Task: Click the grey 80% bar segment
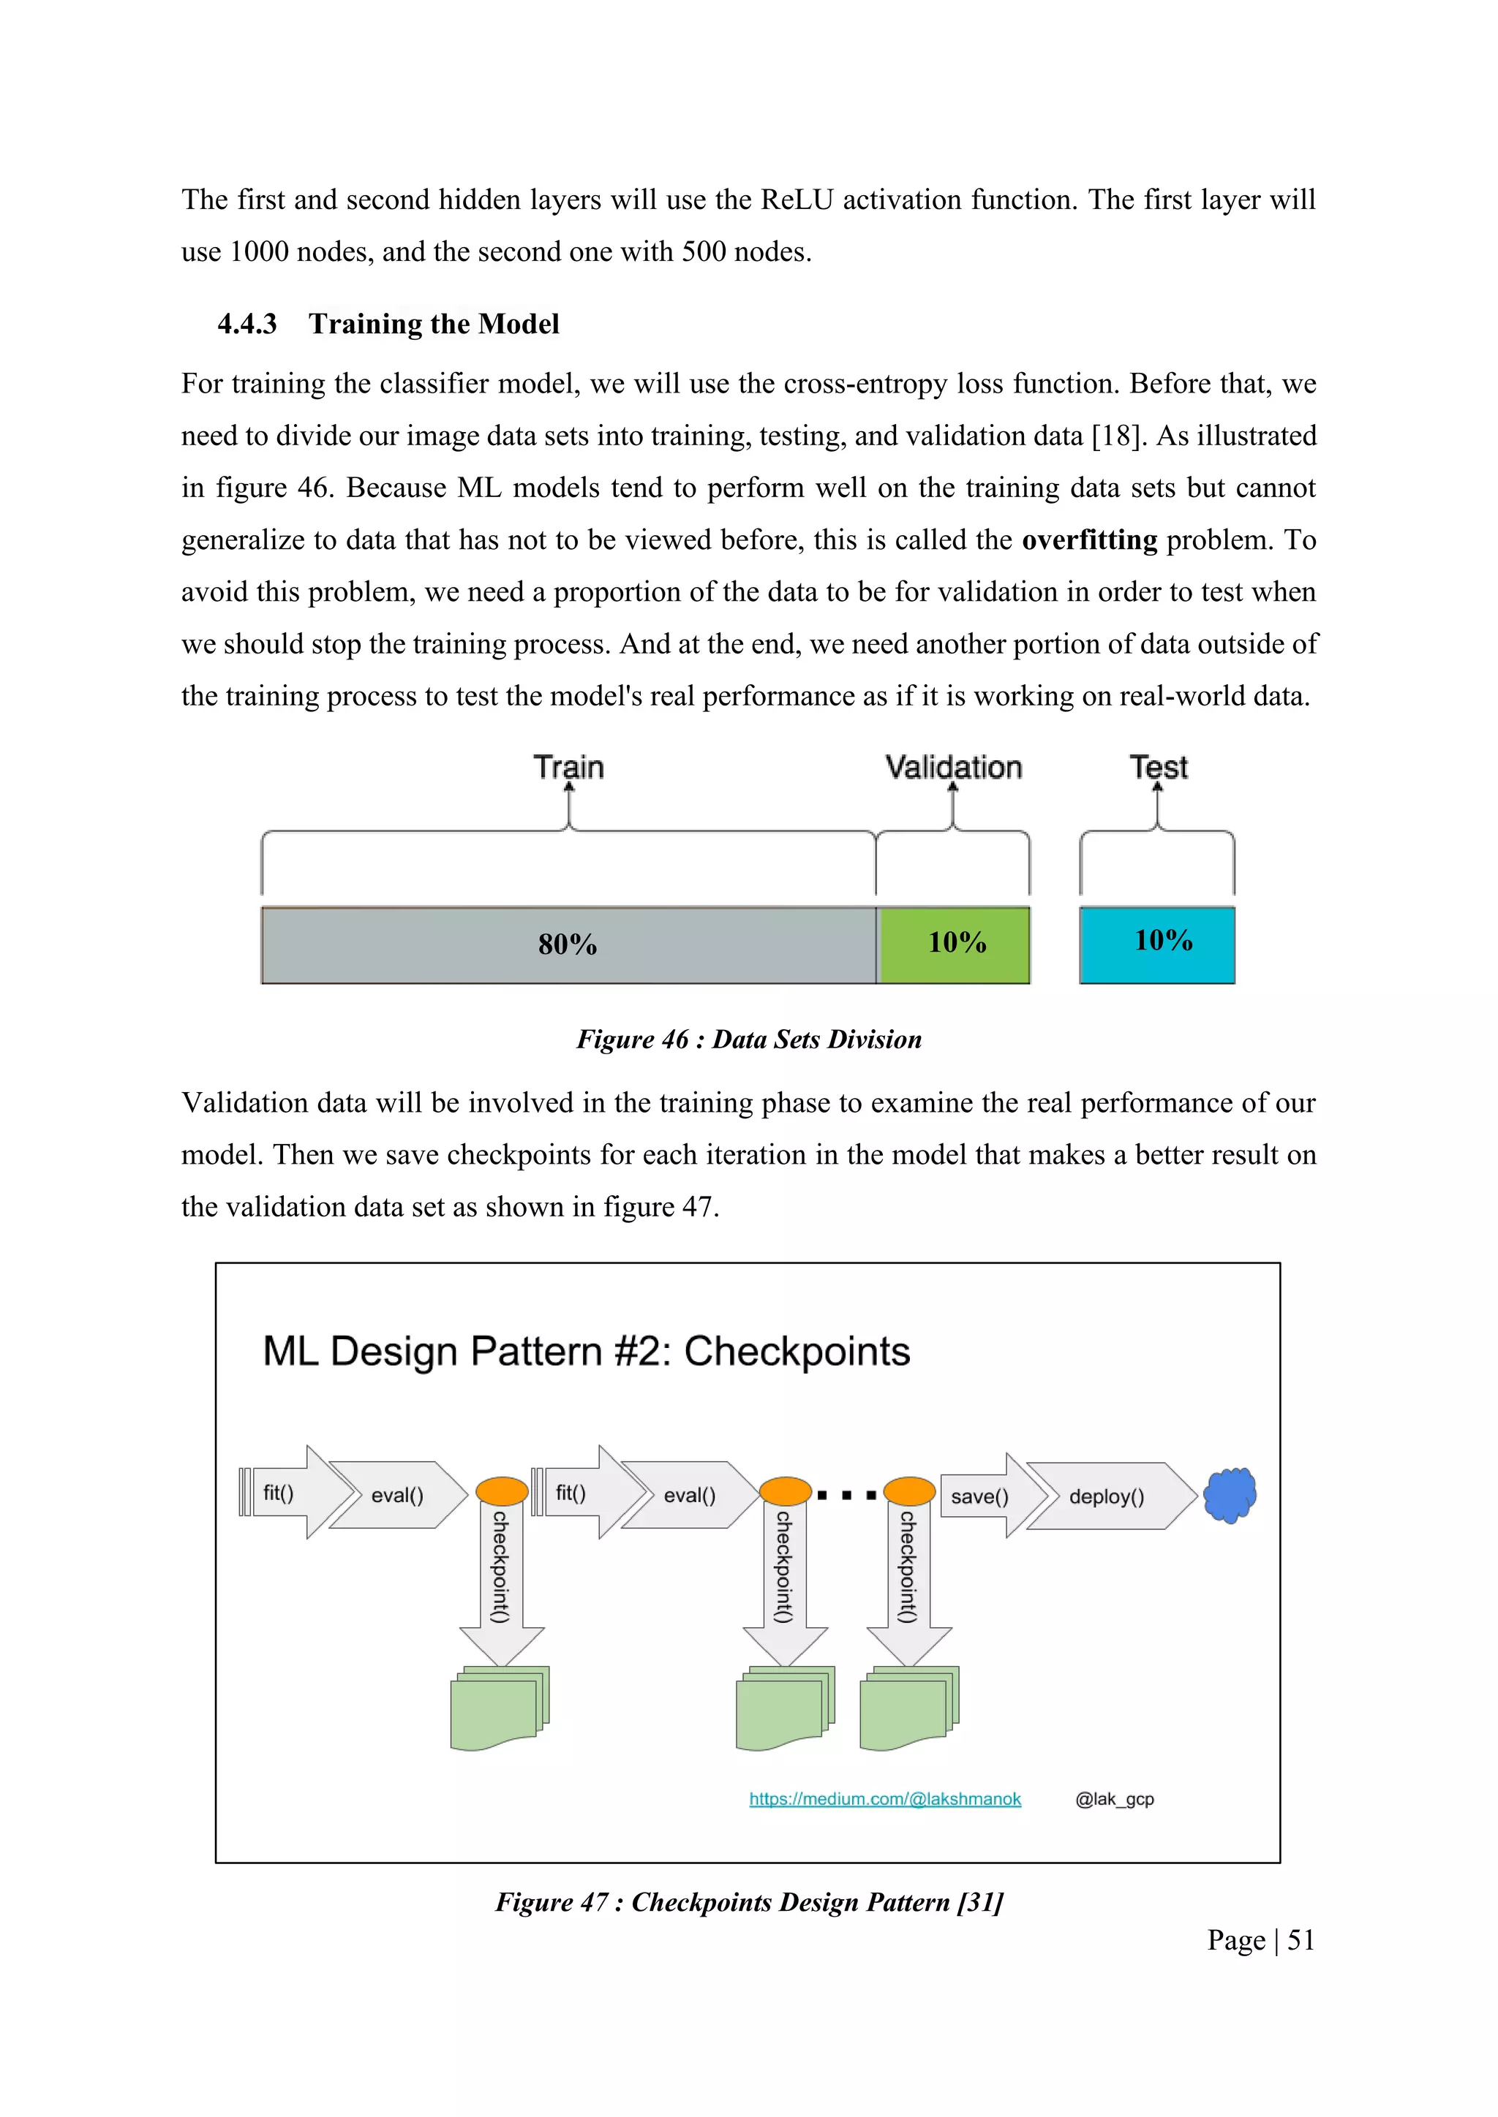[x=568, y=945]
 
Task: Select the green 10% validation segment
[x=955, y=944]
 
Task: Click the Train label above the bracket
[x=568, y=767]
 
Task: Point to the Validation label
[x=954, y=767]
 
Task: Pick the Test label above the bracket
[x=1159, y=767]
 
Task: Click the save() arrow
[x=983, y=1496]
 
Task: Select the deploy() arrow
[x=1107, y=1496]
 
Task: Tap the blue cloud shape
[x=1230, y=1495]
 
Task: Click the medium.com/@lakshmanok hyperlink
[x=884, y=1799]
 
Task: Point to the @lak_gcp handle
[x=1114, y=1799]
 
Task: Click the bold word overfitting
[x=1089, y=539]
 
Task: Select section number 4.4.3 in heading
[x=247, y=324]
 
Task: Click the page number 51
[x=1301, y=1940]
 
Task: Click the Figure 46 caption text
[x=749, y=1039]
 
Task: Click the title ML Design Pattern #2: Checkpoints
[x=586, y=1352]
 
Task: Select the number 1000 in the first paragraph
[x=259, y=251]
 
